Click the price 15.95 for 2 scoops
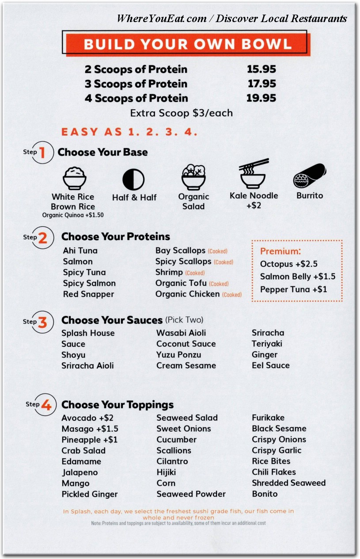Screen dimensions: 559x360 pos(261,69)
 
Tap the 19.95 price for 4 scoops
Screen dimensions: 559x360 pos(261,98)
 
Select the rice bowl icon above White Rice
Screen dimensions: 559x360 pos(74,178)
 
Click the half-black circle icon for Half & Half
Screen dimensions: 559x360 pos(133,180)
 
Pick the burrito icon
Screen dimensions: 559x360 pos(310,176)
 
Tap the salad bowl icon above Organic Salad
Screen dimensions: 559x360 pos(193,177)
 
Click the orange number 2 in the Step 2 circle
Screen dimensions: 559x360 pos(42,238)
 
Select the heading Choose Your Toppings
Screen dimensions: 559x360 pos(117,405)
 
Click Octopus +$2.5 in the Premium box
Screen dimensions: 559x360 pos(289,264)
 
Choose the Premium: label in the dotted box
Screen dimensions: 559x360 pos(280,251)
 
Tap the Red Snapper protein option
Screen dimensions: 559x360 pos(88,294)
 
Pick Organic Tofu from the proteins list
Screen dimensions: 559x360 pos(181,283)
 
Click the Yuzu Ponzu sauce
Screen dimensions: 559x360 pos(178,355)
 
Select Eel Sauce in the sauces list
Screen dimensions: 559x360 pos(271,365)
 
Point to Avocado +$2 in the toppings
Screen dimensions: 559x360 pos(87,418)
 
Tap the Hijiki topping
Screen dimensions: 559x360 pos(166,472)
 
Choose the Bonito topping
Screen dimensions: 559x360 pos(265,494)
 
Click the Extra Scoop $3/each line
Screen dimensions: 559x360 pos(181,113)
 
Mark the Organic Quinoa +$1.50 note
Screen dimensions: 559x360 pos(73,215)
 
